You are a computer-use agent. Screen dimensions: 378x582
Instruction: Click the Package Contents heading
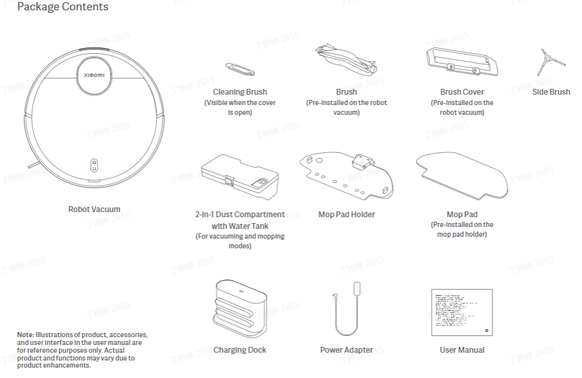[63, 7]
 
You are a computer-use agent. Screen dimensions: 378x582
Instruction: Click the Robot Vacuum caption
[94, 209]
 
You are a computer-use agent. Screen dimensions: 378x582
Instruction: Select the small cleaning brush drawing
[239, 69]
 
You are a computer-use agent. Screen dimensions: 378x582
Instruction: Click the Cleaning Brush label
[239, 92]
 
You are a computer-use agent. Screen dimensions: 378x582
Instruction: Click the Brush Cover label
[462, 92]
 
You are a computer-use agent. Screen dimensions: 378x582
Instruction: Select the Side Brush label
[551, 92]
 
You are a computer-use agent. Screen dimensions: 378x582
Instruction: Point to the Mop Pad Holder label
[346, 215]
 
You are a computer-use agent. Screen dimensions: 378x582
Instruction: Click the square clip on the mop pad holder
[361, 161]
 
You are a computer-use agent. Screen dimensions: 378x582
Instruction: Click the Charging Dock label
[239, 350]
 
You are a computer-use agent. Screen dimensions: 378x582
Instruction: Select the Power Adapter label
[346, 350]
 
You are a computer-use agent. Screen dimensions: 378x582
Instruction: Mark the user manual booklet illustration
[462, 313]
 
